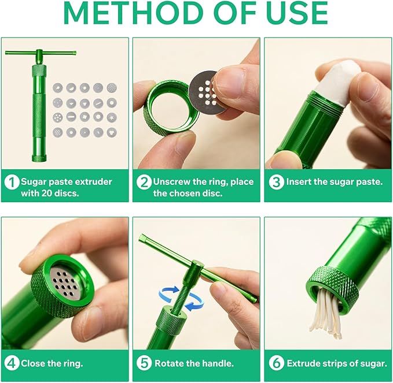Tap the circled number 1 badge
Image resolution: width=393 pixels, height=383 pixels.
(x=12, y=182)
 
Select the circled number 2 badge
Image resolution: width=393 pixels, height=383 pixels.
(x=144, y=182)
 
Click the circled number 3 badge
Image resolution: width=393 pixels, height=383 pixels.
(x=276, y=182)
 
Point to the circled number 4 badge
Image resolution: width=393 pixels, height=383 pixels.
(x=12, y=363)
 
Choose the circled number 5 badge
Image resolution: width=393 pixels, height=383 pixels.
(x=144, y=363)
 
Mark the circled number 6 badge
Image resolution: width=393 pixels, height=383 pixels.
(x=276, y=363)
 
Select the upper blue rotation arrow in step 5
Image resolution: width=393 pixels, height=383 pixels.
(x=168, y=293)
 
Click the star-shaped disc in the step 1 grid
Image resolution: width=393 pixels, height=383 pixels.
(x=112, y=117)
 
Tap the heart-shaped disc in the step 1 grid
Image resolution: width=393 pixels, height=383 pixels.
(x=112, y=132)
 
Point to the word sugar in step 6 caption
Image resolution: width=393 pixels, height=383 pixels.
(x=372, y=363)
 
